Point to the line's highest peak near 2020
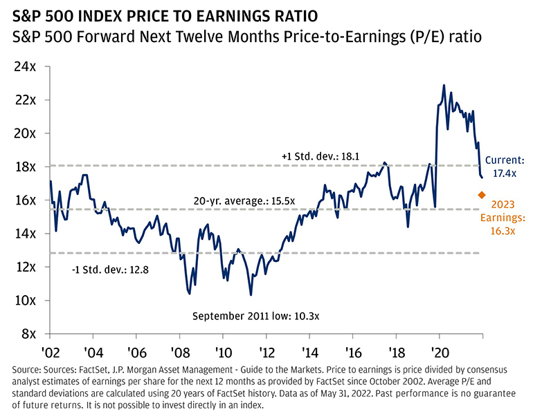coord(444,85)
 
